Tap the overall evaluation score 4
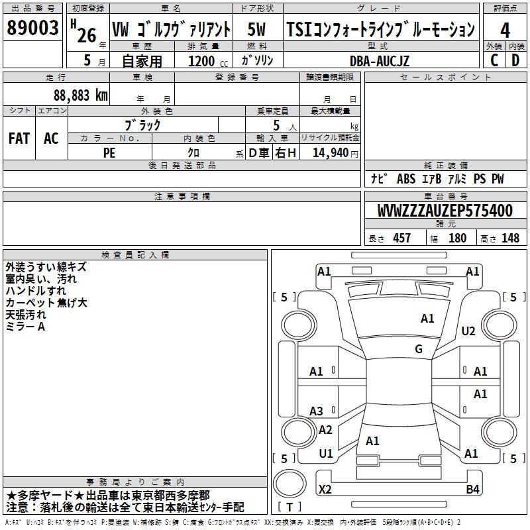coord(505,30)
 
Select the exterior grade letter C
coord(494,59)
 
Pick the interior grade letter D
coord(516,59)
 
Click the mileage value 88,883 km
coord(81,95)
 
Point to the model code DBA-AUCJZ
coord(380,60)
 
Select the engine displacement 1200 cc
coord(208,60)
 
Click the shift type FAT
coord(19,138)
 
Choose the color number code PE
coord(110,152)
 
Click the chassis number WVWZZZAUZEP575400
coord(445,211)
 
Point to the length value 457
coord(401,238)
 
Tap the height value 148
coord(510,238)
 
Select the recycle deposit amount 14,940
coord(331,152)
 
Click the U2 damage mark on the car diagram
coord(468,331)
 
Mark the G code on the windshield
coord(419,349)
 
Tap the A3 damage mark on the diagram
coord(317,411)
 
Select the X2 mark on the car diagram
coord(325,490)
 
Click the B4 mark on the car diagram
coord(472,490)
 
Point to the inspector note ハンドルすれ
coord(36,291)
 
